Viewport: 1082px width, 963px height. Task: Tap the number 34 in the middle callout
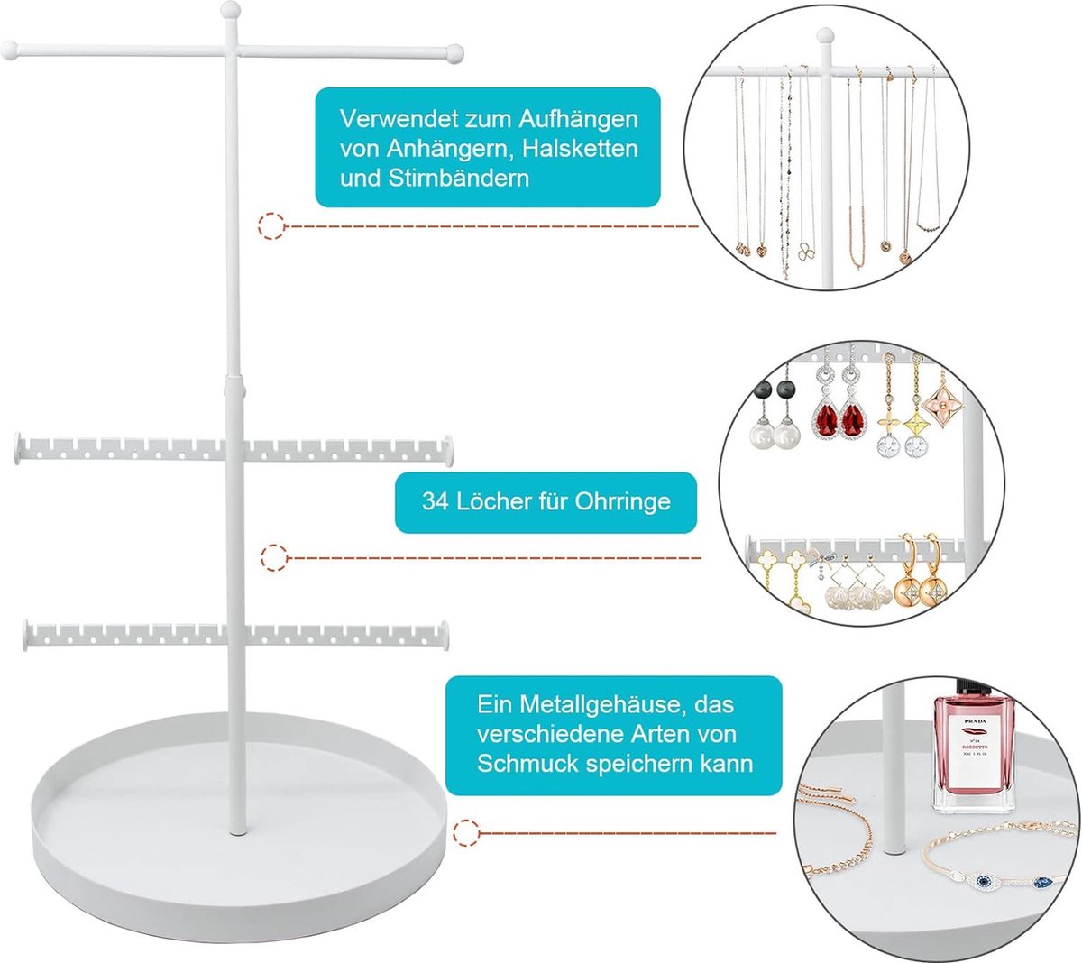(x=436, y=501)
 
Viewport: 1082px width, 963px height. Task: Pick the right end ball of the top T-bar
(x=454, y=53)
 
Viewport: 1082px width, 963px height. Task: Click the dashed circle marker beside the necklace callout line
(x=271, y=225)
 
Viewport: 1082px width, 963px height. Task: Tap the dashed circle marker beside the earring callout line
(x=273, y=558)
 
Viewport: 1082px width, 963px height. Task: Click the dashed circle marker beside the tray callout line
(x=465, y=833)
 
